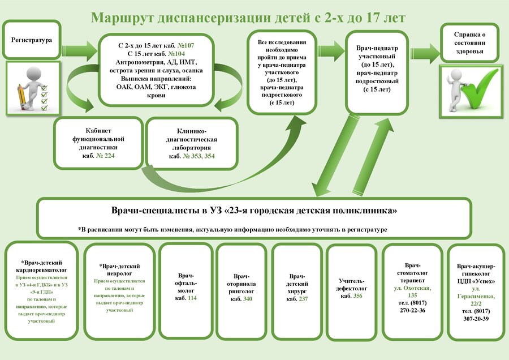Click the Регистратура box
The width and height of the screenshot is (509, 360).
(32, 40)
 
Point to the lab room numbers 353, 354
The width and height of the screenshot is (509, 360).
(197, 156)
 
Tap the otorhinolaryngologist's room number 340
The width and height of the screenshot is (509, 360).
(247, 299)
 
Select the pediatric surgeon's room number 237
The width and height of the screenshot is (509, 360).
(303, 299)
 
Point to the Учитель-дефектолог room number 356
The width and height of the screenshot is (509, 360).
(357, 295)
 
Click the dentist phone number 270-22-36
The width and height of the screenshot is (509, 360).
(412, 311)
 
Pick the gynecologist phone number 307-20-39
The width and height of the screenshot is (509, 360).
(475, 319)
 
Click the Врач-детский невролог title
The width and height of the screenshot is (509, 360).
(119, 269)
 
